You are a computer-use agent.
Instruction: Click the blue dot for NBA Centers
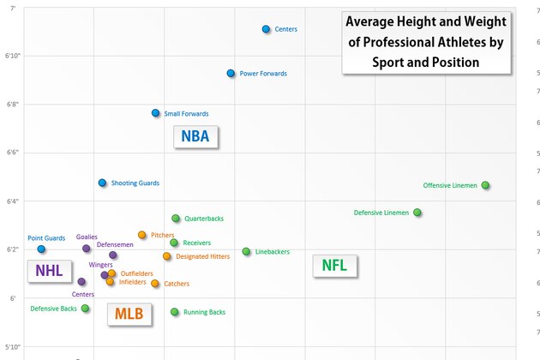[267, 29]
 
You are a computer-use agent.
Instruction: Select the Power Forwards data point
[231, 74]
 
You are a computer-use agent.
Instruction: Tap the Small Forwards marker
[155, 113]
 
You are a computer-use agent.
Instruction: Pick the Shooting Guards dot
[102, 183]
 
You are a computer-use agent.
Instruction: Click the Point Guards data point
[41, 249]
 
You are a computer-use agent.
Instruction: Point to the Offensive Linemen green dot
[485, 185]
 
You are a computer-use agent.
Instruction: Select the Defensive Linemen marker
[417, 213]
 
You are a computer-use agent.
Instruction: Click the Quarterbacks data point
[176, 219]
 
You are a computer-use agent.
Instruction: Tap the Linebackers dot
[246, 251]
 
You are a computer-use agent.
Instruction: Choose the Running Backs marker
[174, 312]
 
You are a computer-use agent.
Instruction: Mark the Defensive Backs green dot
[85, 309]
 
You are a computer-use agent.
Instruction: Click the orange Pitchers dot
[142, 235]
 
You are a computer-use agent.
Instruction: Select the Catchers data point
[155, 284]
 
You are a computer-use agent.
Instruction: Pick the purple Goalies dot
[87, 249]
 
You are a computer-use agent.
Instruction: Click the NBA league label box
[195, 136]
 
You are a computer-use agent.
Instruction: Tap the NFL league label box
[333, 265]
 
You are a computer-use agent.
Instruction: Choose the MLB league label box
[129, 315]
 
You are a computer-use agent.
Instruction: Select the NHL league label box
[49, 271]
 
